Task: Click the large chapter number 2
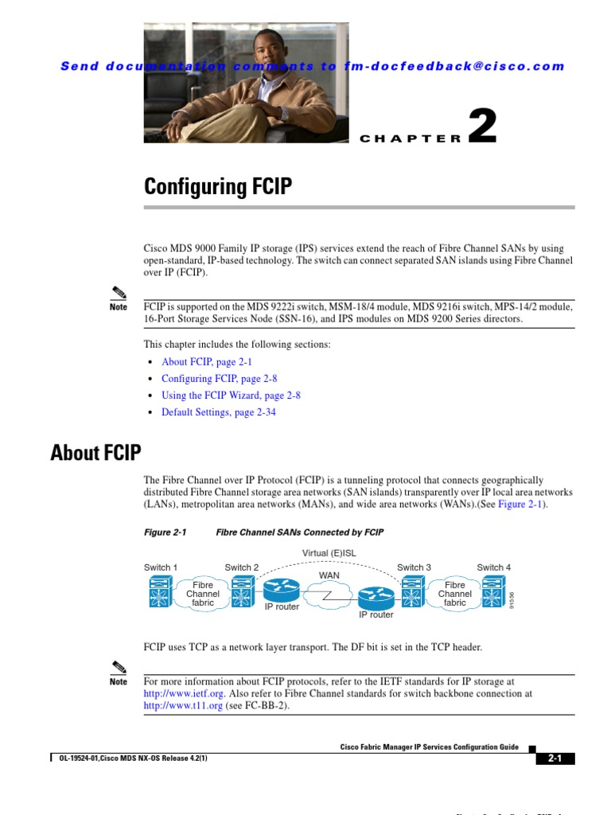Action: pos(482,127)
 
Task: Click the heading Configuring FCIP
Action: pos(217,187)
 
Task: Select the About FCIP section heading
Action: pos(95,453)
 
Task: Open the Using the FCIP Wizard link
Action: pos(231,396)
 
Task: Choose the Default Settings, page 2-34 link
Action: pos(219,412)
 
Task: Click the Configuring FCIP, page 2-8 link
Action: pos(220,379)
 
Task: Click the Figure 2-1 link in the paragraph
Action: pos(522,505)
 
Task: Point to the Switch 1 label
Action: pos(160,567)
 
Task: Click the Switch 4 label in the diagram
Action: pos(493,567)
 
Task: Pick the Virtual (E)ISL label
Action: pos(329,553)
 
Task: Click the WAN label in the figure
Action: pos(329,574)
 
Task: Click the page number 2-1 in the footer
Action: pos(555,758)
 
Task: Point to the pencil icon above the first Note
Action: pos(119,291)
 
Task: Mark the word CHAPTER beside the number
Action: pos(411,138)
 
